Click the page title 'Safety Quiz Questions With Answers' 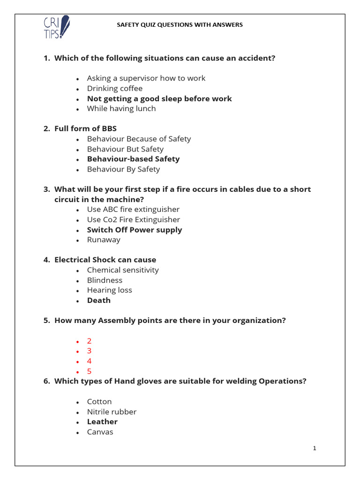(180, 25)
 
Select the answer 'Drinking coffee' (114, 89)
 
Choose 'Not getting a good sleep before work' (159, 99)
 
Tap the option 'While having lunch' (121, 109)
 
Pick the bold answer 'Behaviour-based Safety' (133, 159)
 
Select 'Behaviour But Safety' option (125, 149)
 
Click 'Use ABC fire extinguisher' (133, 210)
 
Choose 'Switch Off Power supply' (135, 230)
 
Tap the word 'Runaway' (104, 240)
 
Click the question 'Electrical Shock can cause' (105, 260)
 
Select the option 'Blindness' (105, 280)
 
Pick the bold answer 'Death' (99, 300)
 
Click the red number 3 (89, 351)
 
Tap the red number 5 (89, 371)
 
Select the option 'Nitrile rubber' (112, 412)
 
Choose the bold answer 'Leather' (102, 422)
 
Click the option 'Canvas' (100, 432)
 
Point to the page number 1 (315, 449)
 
